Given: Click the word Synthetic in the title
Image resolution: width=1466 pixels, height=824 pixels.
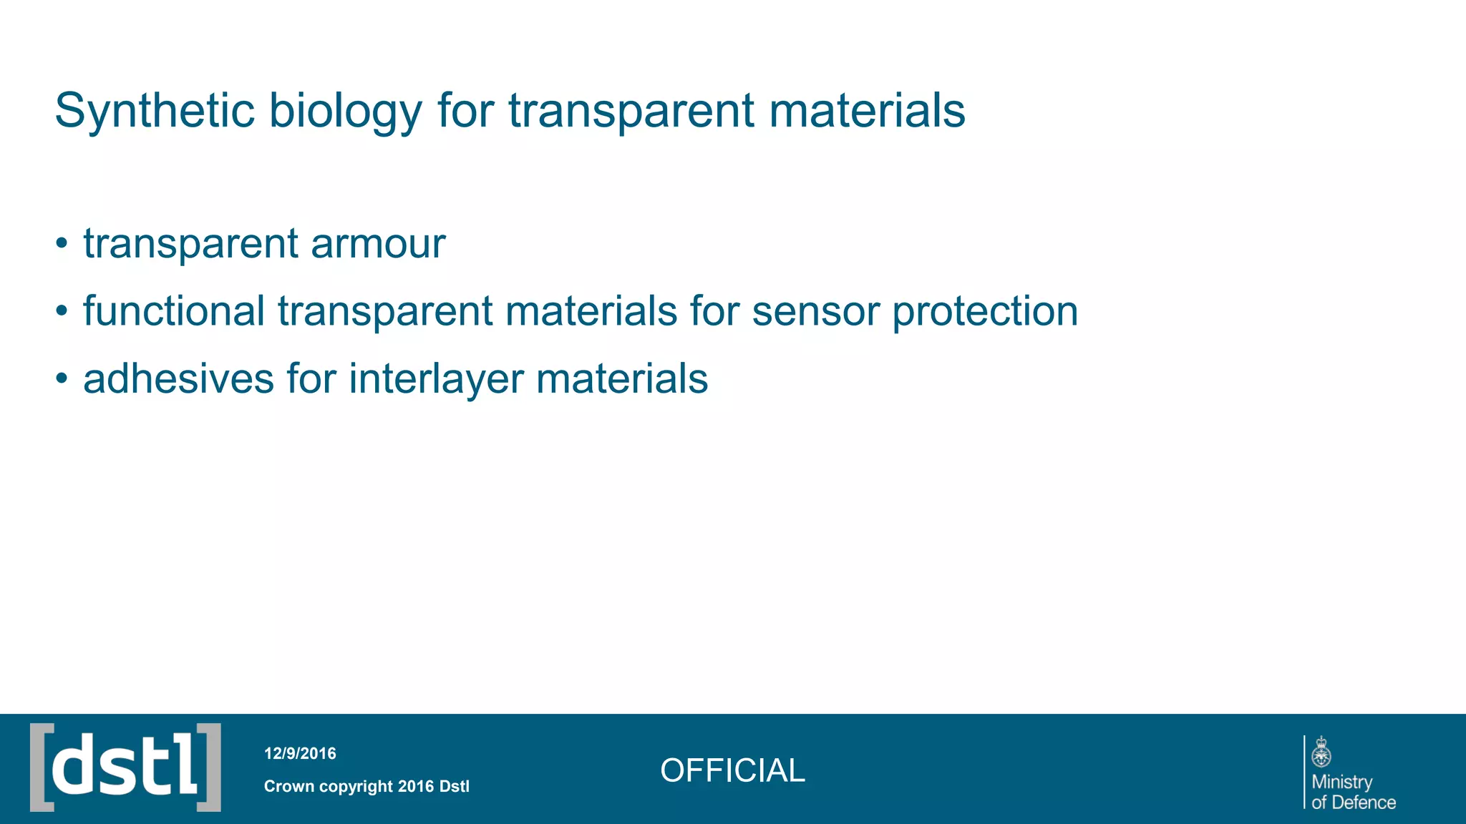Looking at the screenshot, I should point(155,111).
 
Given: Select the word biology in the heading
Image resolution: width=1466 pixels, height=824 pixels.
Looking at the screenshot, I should point(345,112).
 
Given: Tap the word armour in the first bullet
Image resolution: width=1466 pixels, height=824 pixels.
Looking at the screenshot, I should point(378,244).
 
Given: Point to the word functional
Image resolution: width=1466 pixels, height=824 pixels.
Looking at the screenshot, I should point(174,311).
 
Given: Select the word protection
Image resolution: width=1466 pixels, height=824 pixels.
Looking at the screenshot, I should point(985,313).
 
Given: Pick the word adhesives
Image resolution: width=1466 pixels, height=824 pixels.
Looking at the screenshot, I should point(178,378).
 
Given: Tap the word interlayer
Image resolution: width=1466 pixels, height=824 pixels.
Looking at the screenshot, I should point(436,380).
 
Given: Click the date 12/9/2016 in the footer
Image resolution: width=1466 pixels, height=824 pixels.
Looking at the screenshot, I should point(300,753).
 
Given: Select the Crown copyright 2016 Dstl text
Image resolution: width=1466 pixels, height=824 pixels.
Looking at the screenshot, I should point(366,786).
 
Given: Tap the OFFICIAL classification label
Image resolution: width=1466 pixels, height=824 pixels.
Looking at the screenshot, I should point(732,770).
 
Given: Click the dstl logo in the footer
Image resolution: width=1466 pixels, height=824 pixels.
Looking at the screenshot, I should point(125,767).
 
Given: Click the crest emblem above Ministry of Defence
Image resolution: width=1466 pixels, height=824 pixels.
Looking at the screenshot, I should point(1321,752).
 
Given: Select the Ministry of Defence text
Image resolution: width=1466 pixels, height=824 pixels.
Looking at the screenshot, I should point(1353,792).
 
